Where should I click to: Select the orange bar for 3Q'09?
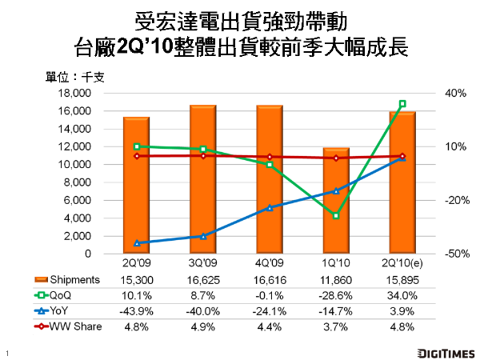click(202, 180)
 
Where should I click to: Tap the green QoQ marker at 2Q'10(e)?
click(402, 104)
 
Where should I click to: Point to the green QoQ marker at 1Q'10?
click(336, 216)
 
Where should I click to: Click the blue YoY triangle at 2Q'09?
click(137, 242)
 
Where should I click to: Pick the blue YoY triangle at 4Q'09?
click(270, 207)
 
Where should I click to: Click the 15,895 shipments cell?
click(402, 279)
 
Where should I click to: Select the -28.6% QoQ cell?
click(336, 295)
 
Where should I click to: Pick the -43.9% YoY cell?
click(137, 310)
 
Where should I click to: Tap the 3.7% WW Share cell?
click(336, 326)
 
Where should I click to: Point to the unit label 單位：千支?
click(80, 78)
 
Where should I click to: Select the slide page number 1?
click(6, 353)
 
